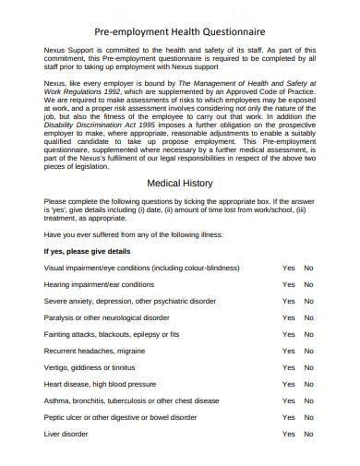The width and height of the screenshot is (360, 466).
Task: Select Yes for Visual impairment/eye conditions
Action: (289, 268)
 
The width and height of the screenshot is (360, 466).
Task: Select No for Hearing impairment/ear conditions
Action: (309, 284)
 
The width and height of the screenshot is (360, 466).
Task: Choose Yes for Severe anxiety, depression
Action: (289, 301)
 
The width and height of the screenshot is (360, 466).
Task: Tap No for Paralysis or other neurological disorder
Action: (309, 317)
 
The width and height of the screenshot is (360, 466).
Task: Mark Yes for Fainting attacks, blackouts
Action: (289, 334)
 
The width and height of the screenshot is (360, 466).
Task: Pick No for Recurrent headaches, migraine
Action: (309, 351)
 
